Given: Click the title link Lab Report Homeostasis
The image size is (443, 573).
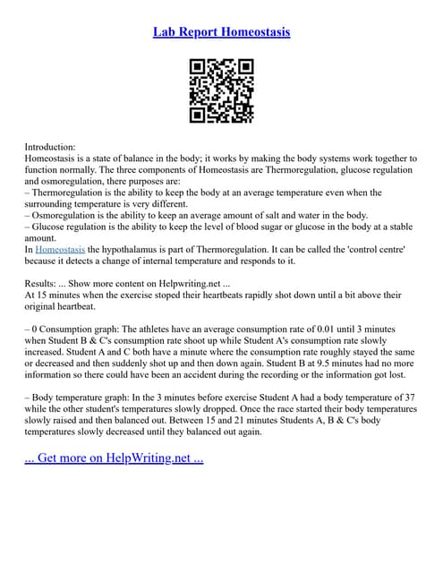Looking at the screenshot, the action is [221, 32].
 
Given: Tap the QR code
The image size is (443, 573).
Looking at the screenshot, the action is [221, 90].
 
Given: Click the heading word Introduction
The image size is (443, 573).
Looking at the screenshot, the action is [50, 146].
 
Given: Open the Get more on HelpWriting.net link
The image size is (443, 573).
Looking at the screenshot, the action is [114, 458].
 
